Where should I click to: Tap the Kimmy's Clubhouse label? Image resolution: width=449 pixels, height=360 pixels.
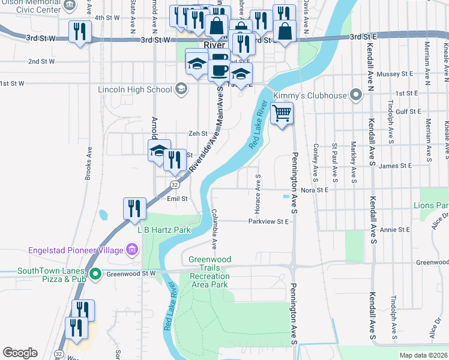point(310,95)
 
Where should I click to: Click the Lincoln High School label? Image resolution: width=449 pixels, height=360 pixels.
point(134,89)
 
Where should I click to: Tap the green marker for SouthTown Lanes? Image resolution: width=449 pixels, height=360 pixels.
point(95,274)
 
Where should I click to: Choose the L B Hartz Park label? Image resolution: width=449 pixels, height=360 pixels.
point(164,230)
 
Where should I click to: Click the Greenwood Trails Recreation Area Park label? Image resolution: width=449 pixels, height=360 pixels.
point(209,272)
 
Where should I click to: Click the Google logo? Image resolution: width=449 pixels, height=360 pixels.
point(20,352)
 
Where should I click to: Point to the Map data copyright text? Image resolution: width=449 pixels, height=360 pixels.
point(423,355)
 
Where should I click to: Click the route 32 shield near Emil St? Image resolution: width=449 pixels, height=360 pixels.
point(173,184)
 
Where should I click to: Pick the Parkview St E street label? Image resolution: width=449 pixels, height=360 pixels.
point(269,221)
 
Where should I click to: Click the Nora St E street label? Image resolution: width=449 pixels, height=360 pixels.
point(315,190)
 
